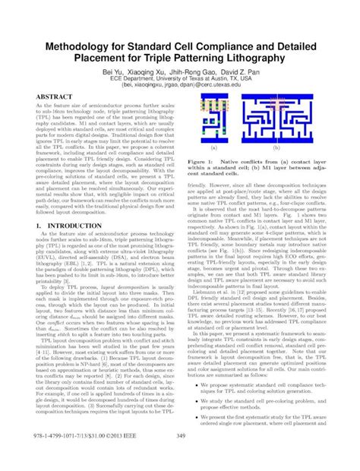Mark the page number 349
180,457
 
